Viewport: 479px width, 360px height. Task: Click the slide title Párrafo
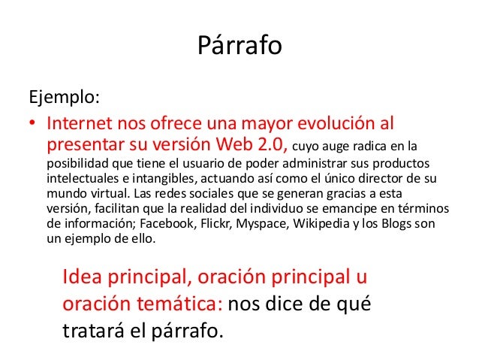(239, 47)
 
